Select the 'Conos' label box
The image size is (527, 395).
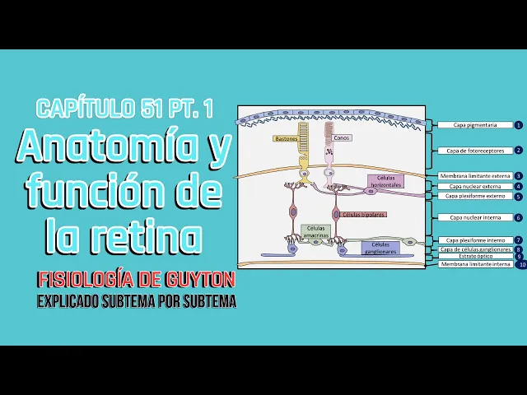[x=341, y=137]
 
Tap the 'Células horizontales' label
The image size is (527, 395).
[x=385, y=181]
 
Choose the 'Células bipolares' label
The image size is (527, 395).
[x=363, y=214]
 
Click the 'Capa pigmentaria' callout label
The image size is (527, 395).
[x=475, y=125]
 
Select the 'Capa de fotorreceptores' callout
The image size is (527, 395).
[x=474, y=151]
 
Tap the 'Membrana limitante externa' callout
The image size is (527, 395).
[x=474, y=176]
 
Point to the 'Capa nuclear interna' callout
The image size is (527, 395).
[x=474, y=217]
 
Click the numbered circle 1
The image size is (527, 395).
[x=519, y=125]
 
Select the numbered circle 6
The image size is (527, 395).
[x=519, y=217]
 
